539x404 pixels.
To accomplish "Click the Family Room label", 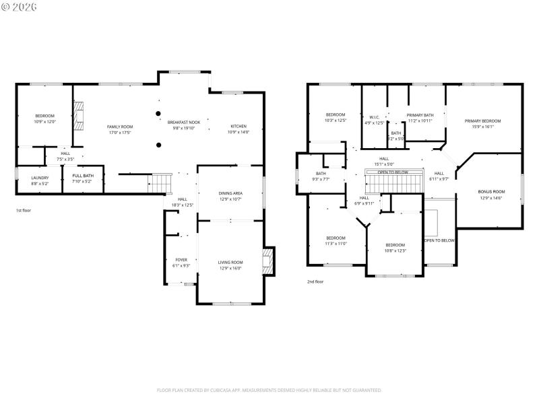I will click(x=120, y=127).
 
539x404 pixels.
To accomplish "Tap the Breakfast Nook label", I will click(x=184, y=122).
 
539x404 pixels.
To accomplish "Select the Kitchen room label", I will click(x=239, y=127).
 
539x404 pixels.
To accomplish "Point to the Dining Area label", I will click(x=230, y=193).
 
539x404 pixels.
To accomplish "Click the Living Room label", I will click(x=230, y=262).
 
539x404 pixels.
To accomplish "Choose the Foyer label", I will click(x=181, y=260).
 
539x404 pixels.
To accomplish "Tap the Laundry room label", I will click(x=40, y=178).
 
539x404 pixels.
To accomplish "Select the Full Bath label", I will click(x=83, y=177).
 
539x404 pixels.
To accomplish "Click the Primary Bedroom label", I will click(x=482, y=121).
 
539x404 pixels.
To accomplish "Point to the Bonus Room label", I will click(x=491, y=191).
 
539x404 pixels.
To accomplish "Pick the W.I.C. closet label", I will click(x=374, y=117).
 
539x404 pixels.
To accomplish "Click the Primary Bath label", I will click(x=420, y=115).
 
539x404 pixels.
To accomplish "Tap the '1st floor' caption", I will click(x=24, y=211).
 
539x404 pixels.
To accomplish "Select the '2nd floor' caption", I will click(x=315, y=281).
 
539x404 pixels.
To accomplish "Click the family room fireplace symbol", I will click(x=80, y=115).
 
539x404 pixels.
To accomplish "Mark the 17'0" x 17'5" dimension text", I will click(x=120, y=133).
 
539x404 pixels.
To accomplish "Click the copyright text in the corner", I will click(x=20, y=7).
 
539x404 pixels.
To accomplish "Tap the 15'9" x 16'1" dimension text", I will click(x=482, y=127).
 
